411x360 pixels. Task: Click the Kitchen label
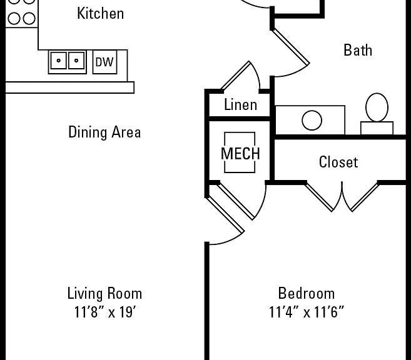(100, 13)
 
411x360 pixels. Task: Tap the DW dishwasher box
(105, 62)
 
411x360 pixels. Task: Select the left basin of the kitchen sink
(58, 61)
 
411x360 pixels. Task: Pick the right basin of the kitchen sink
(76, 61)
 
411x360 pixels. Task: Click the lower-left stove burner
(14, 19)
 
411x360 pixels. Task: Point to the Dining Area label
(104, 132)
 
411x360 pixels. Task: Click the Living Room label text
(104, 293)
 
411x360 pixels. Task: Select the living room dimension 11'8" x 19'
(105, 312)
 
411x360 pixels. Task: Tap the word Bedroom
(307, 293)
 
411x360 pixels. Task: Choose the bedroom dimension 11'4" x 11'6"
(307, 312)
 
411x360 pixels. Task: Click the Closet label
(338, 162)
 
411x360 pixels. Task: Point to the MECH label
(240, 153)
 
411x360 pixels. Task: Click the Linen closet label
(240, 105)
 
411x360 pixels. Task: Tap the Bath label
(358, 50)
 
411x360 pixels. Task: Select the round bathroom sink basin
(312, 120)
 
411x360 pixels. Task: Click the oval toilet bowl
(377, 107)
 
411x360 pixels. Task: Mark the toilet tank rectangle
(377, 128)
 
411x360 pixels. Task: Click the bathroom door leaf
(290, 47)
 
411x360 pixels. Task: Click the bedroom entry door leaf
(225, 215)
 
